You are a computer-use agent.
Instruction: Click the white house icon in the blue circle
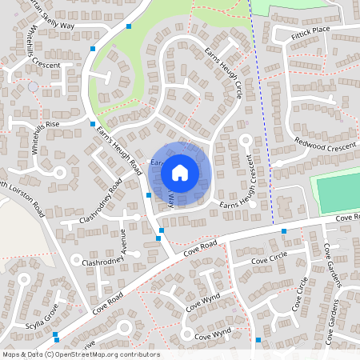point(180,172)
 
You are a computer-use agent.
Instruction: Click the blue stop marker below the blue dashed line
point(283,231)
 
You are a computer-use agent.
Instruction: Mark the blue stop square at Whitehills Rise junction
point(93,124)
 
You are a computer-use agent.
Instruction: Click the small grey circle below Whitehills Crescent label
point(33,86)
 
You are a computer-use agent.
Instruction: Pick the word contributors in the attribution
point(137,354)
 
